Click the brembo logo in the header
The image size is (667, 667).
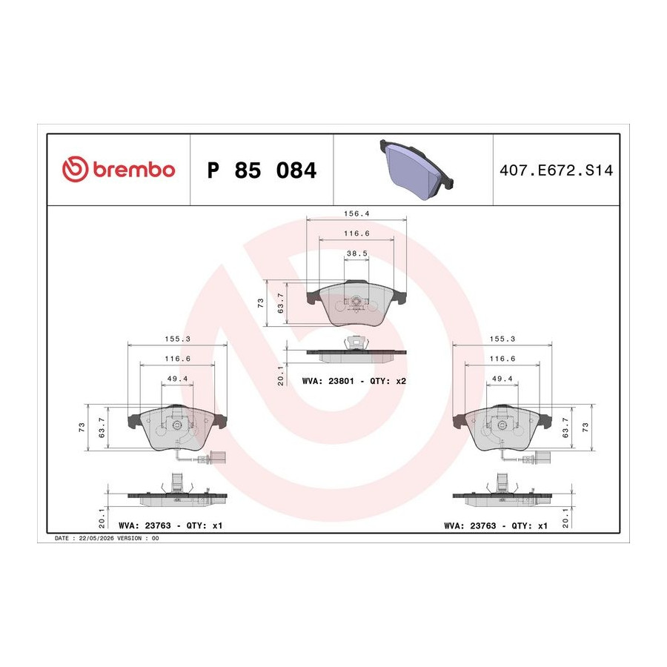tap(119, 169)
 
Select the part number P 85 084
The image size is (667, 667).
tap(262, 170)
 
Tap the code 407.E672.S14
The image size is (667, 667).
tap(556, 170)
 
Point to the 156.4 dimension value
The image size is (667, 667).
tap(356, 213)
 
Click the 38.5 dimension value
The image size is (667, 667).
tap(357, 253)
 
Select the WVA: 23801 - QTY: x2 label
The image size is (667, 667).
tap(354, 381)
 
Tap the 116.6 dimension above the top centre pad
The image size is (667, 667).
tap(356, 233)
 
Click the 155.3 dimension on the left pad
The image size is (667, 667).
tap(177, 339)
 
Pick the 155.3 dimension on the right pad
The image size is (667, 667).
tap(502, 339)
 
